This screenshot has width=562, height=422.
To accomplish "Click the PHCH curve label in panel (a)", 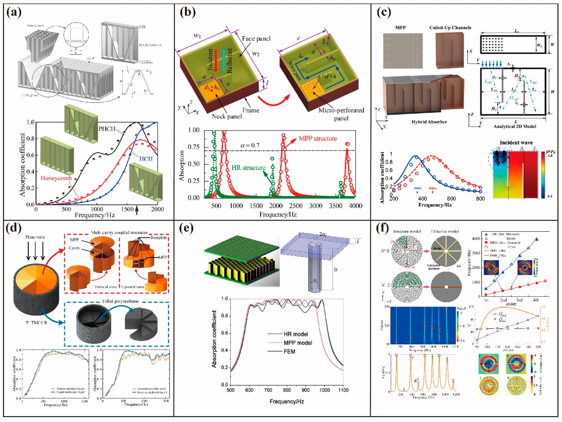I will click(x=107, y=129).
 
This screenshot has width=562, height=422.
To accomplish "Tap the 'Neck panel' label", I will click(x=227, y=116).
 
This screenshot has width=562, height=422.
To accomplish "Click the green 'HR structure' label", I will click(x=248, y=168).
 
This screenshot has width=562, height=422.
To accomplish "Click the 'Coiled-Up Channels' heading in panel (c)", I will click(x=450, y=28).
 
